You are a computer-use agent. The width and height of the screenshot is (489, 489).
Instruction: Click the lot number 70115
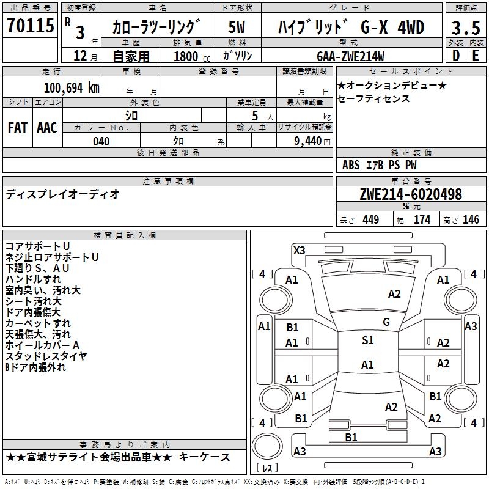tap(30, 27)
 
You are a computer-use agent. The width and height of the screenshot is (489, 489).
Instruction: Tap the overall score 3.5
tap(465, 28)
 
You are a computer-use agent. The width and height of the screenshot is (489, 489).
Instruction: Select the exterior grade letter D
tap(455, 55)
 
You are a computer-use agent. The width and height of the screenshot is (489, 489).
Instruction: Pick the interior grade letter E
tap(475, 55)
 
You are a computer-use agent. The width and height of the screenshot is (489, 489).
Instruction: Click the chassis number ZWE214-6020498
tap(411, 194)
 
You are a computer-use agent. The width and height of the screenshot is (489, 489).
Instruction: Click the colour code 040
tap(101, 141)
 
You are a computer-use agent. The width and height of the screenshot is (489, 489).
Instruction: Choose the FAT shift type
tap(18, 127)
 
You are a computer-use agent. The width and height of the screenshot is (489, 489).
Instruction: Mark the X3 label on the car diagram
tap(300, 250)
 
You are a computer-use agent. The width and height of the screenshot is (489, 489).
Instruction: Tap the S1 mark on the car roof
tap(367, 340)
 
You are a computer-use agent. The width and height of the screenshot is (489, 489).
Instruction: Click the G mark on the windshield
tap(386, 322)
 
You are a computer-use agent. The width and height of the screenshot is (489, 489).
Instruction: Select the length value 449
tap(370, 219)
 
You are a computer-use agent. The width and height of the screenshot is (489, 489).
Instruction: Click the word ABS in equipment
tap(351, 165)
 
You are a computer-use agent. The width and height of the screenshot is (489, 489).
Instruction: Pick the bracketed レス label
tap(267, 468)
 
